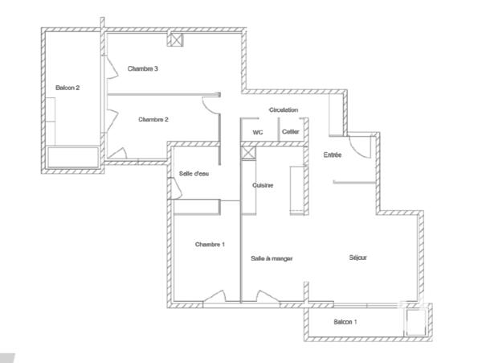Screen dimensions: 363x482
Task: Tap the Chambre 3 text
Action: point(143,69)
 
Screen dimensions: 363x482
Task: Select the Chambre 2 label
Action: point(153,119)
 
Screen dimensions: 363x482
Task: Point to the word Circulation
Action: point(284,109)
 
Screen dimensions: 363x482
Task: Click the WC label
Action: point(258,131)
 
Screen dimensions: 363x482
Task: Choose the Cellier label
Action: point(290,131)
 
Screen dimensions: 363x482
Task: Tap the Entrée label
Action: point(332,155)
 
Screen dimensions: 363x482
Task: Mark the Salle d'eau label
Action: point(194,174)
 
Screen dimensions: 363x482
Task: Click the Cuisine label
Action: point(263,185)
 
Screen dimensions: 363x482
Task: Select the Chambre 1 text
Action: point(210,244)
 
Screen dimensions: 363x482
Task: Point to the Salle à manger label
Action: point(272,258)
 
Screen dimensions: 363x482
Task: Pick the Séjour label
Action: point(358,258)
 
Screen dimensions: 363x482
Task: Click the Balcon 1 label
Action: point(345,322)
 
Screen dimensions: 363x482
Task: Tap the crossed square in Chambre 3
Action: point(174,39)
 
